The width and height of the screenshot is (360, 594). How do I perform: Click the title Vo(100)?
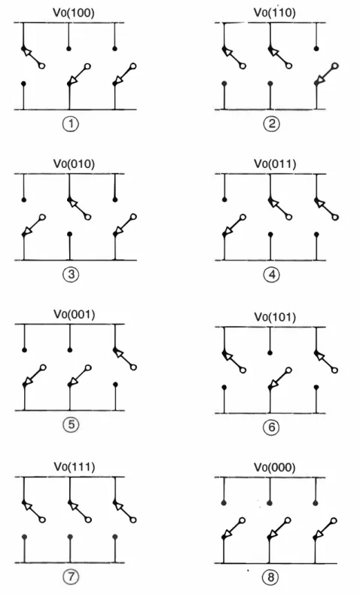pyautogui.click(x=74, y=13)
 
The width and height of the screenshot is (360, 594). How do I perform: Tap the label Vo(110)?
pyautogui.click(x=274, y=13)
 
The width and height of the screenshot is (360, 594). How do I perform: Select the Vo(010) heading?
pyautogui.click(x=74, y=163)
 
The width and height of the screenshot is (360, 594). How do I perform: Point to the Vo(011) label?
pyautogui.click(x=275, y=163)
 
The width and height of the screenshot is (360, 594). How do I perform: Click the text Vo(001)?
pyautogui.click(x=75, y=315)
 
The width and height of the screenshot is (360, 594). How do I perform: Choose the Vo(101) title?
pyautogui.click(x=275, y=317)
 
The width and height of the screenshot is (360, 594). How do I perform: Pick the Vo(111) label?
pyautogui.click(x=75, y=467)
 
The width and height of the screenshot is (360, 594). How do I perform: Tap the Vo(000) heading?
pyautogui.click(x=274, y=467)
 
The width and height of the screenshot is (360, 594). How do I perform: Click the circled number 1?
pyautogui.click(x=71, y=124)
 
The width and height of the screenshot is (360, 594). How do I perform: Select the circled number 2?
pyautogui.click(x=272, y=124)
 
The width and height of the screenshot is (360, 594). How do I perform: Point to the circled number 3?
pyautogui.click(x=71, y=274)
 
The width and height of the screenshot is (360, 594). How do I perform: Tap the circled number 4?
pyautogui.click(x=272, y=274)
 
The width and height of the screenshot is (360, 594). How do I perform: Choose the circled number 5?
pyautogui.click(x=72, y=425)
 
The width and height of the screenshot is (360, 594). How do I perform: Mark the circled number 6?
pyautogui.click(x=272, y=428)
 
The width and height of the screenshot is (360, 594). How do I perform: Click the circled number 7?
pyautogui.click(x=71, y=577)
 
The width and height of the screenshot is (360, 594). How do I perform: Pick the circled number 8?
pyautogui.click(x=270, y=577)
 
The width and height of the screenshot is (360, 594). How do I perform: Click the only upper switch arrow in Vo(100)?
pyautogui.click(x=33, y=57)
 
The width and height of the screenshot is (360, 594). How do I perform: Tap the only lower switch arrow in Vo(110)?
pyautogui.click(x=326, y=75)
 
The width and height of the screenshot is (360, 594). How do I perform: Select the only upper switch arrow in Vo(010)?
pyautogui.click(x=79, y=209)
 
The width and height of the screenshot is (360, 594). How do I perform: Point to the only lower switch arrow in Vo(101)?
pyautogui.click(x=279, y=379)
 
